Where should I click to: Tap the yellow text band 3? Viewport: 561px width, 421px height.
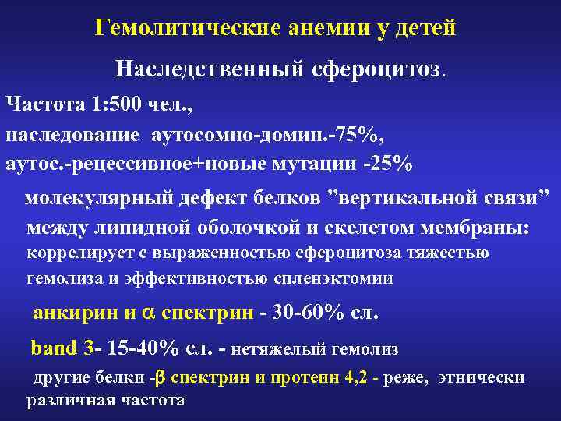pos(62,346)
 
